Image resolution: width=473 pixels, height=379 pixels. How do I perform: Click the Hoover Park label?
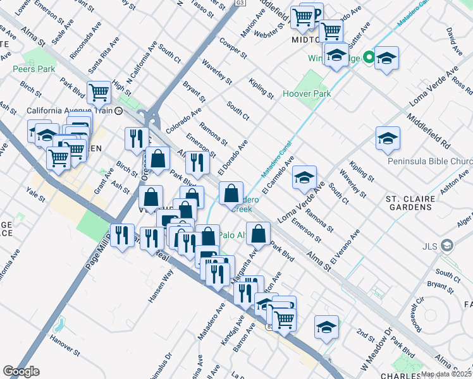pyautogui.click(x=307, y=94)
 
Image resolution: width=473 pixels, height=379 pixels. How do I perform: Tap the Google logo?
pyautogui.click(x=21, y=371)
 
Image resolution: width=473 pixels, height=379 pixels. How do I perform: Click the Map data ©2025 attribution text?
pyautogui.click(x=446, y=374)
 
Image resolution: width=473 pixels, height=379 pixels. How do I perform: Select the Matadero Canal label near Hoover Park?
pyautogui.click(x=275, y=162)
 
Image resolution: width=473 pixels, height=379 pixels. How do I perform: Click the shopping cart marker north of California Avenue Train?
pyautogui.click(x=99, y=93)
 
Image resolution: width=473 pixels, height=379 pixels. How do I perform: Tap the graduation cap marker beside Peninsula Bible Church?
pyautogui.click(x=388, y=139)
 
